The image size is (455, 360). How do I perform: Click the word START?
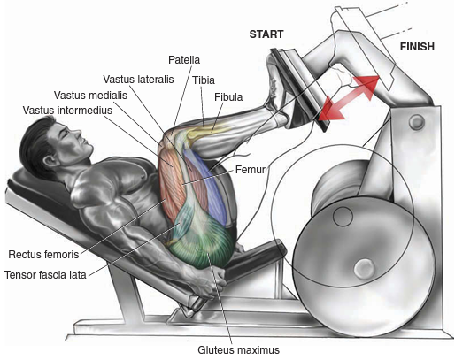[266, 34]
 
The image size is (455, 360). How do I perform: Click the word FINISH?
[417, 47]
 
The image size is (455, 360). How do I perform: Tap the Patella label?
[184, 60]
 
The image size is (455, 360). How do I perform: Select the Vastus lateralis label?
[138, 80]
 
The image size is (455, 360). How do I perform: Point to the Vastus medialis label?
[90, 96]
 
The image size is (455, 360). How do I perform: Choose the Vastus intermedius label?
[67, 111]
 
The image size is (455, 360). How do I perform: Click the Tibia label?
[204, 80]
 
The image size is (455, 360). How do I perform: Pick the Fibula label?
[228, 97]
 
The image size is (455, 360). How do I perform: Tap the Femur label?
[251, 170]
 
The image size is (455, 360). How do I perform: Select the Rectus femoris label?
[43, 255]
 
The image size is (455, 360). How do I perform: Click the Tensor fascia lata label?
[45, 275]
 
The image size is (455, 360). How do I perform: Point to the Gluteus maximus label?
[238, 350]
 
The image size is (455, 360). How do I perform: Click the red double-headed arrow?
[349, 97]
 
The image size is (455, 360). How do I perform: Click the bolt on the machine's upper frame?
[416, 121]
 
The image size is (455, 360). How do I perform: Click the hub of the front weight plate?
[364, 269]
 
